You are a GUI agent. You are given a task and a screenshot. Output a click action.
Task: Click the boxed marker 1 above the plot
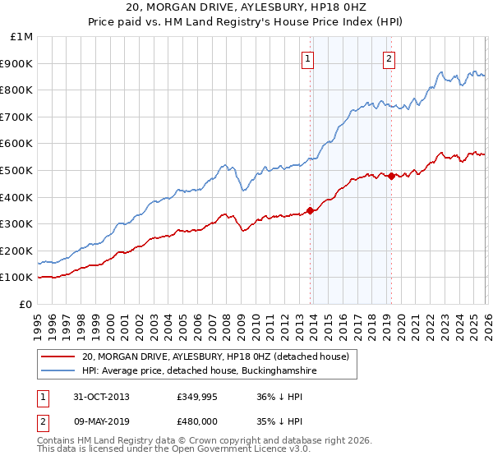coord(307,58)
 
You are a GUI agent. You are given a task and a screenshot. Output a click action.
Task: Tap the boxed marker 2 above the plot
coord(388,58)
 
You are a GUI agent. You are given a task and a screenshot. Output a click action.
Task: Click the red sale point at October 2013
coord(310,210)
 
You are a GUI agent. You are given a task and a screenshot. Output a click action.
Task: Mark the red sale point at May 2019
coord(390,176)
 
